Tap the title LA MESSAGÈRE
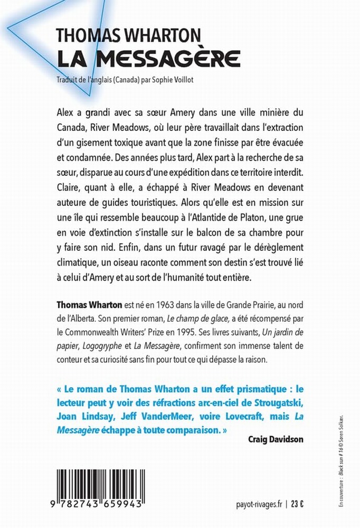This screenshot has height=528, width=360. [149, 57]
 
